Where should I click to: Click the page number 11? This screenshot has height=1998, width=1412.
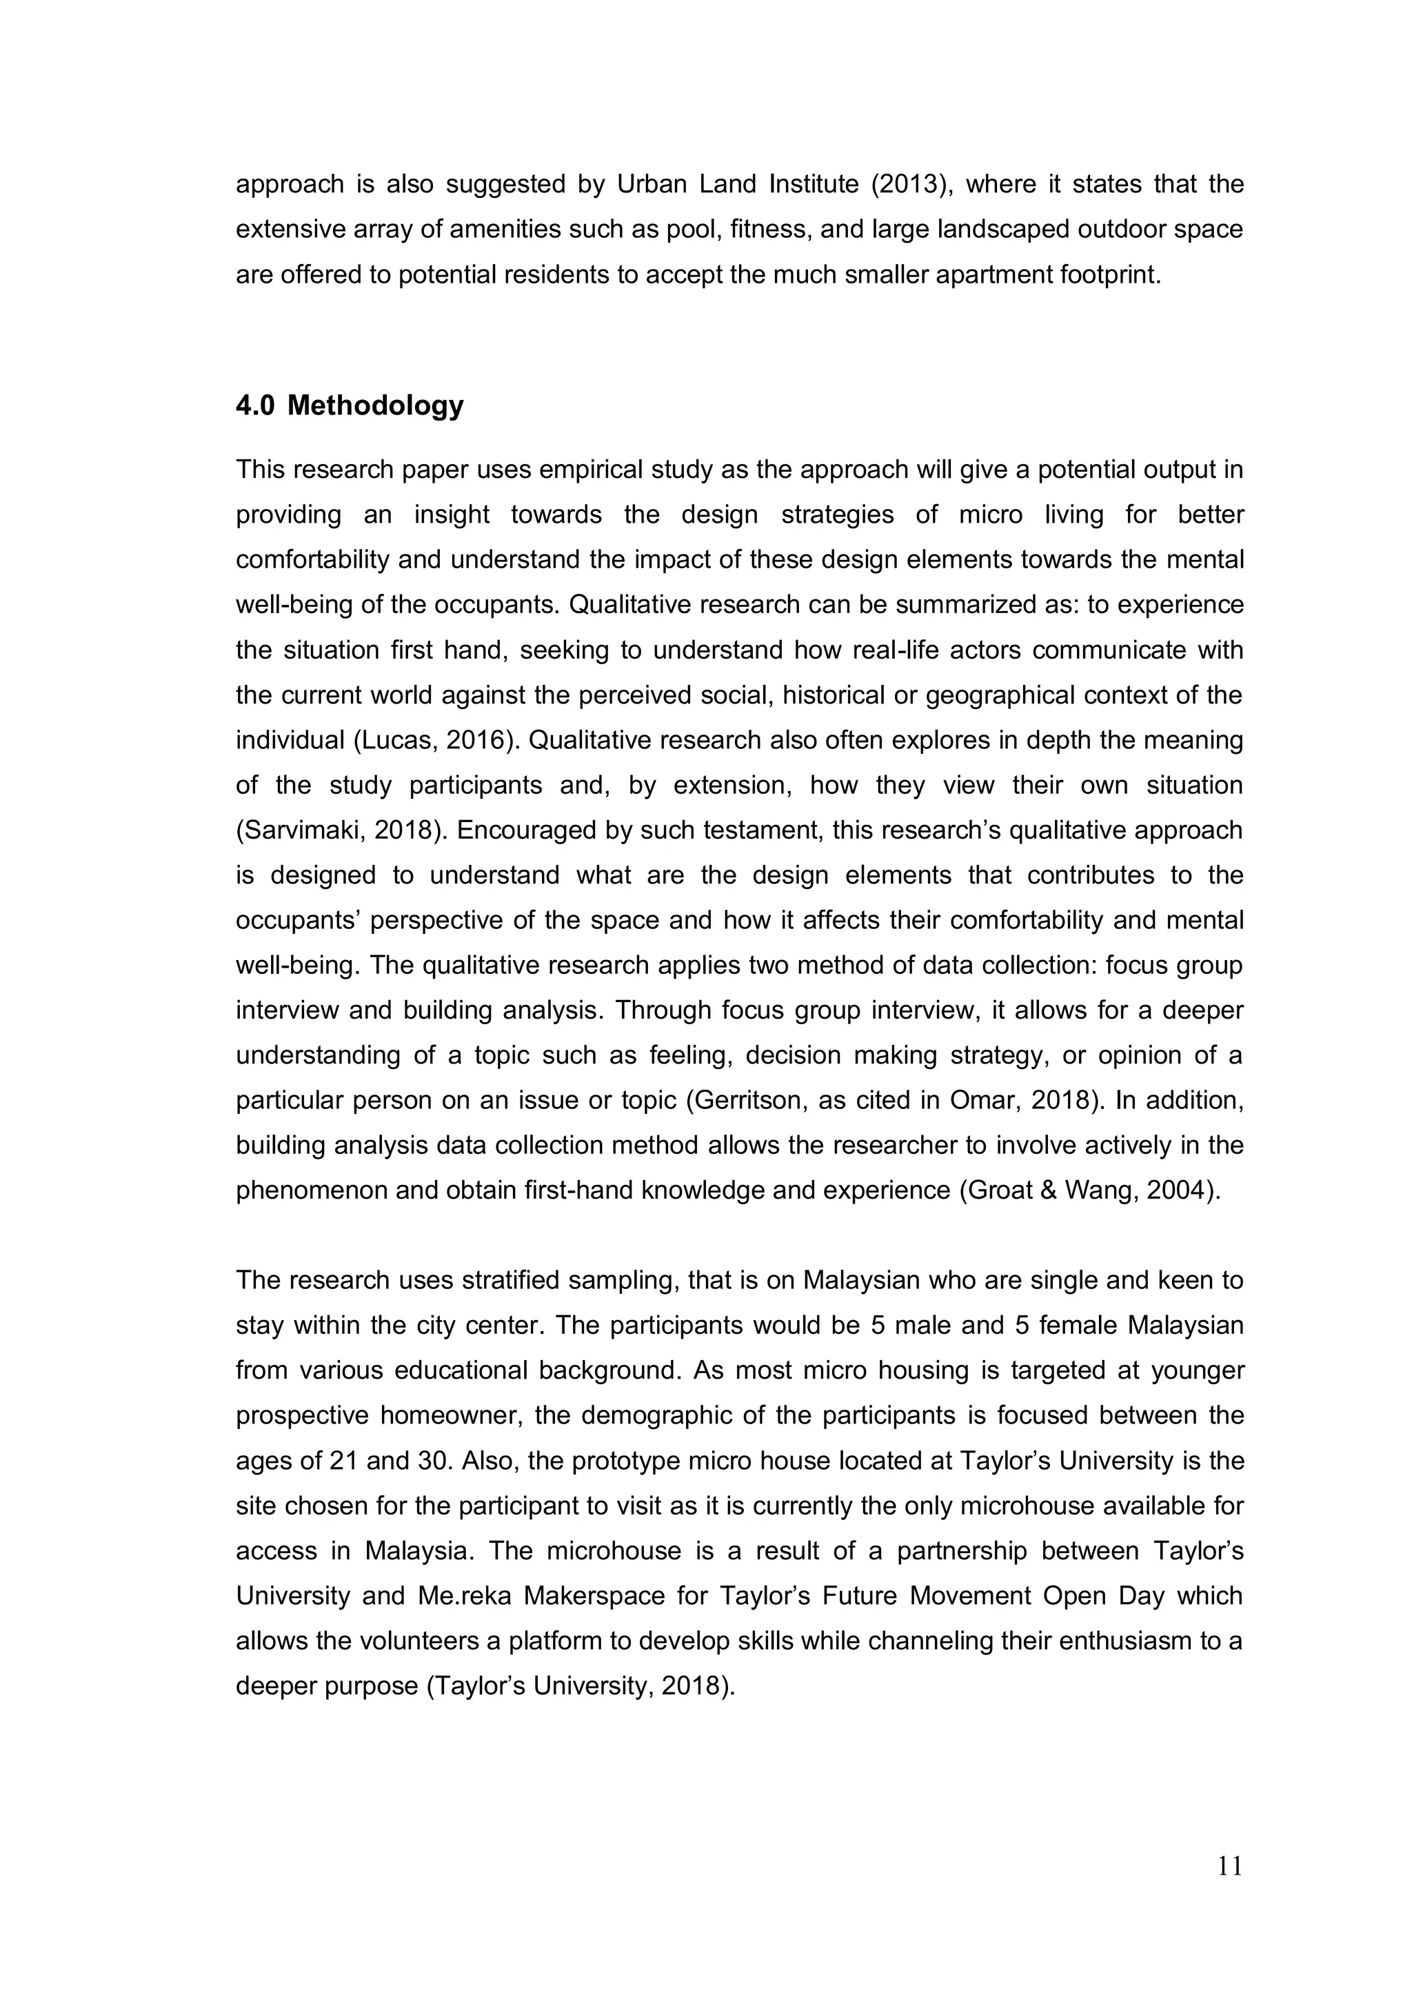point(1229,1866)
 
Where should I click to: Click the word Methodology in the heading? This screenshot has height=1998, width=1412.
point(375,406)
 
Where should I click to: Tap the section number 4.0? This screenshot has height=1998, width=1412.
point(255,406)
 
